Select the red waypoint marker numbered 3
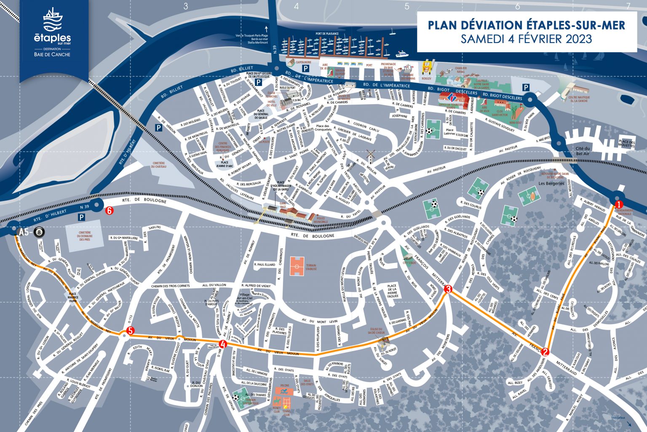point(448,289)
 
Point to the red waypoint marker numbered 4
point(223,344)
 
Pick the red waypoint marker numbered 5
point(130,331)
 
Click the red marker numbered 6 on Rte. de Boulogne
point(110,211)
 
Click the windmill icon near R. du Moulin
point(371,155)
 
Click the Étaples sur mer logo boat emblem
point(52,20)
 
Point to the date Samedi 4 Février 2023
point(526,39)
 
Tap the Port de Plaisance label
point(327,33)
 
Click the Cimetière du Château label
point(159,165)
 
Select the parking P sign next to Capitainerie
point(307,68)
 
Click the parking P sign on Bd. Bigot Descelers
point(526,87)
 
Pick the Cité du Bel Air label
point(583,151)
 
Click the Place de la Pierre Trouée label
point(392,291)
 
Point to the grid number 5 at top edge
point(406,6)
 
